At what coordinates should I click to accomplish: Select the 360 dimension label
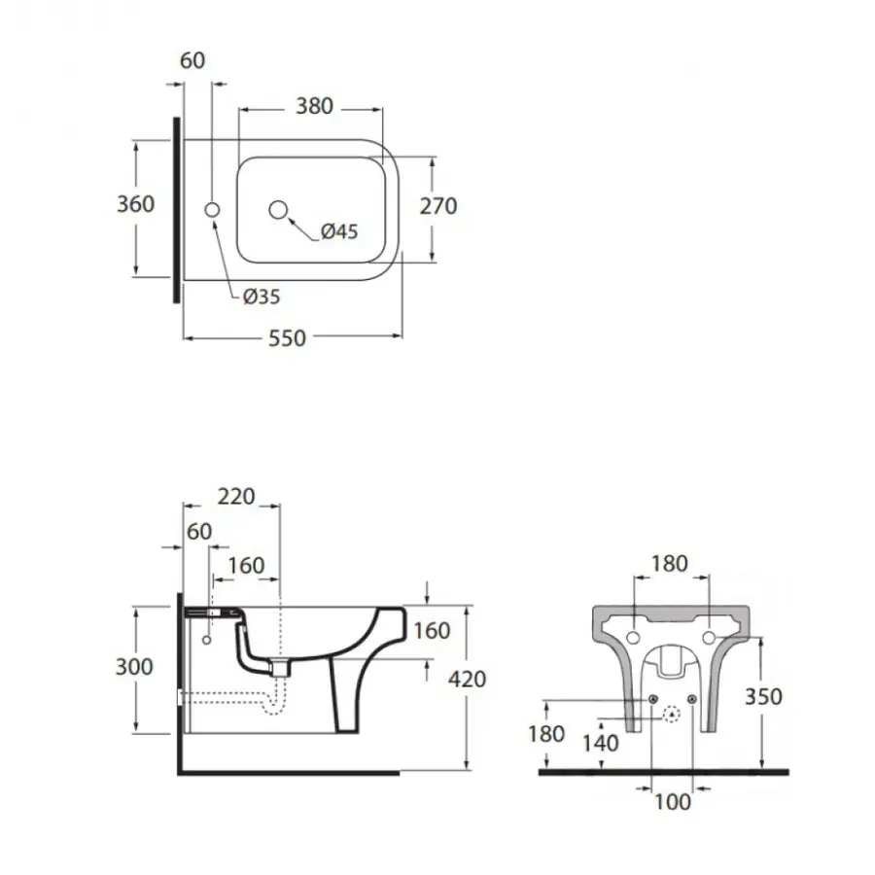[x=135, y=204]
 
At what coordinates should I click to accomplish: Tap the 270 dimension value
[x=437, y=205]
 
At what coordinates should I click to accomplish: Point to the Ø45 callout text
[x=340, y=231]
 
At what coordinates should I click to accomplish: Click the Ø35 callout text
[x=262, y=297]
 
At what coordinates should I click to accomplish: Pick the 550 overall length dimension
[x=288, y=338]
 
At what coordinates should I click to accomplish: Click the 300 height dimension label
[x=135, y=667]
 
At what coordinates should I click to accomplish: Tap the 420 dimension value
[x=467, y=680]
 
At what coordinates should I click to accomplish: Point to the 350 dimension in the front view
[x=763, y=696]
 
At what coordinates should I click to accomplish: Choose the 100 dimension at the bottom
[x=673, y=802]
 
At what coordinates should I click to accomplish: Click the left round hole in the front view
[x=633, y=638]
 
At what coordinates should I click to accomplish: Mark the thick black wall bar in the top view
[x=176, y=209]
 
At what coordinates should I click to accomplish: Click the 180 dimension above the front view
[x=669, y=563]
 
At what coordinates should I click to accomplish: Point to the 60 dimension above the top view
[x=193, y=60]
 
